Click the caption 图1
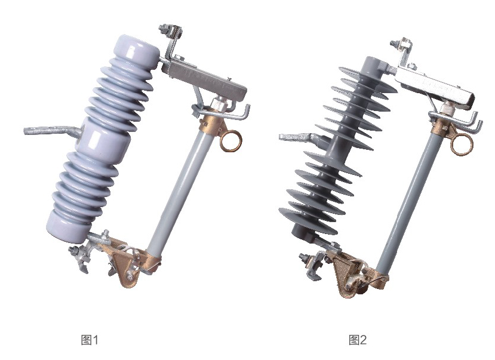(90, 340)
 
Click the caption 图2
(358, 340)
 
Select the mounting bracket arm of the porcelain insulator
(52, 131)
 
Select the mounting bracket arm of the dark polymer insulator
(300, 137)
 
